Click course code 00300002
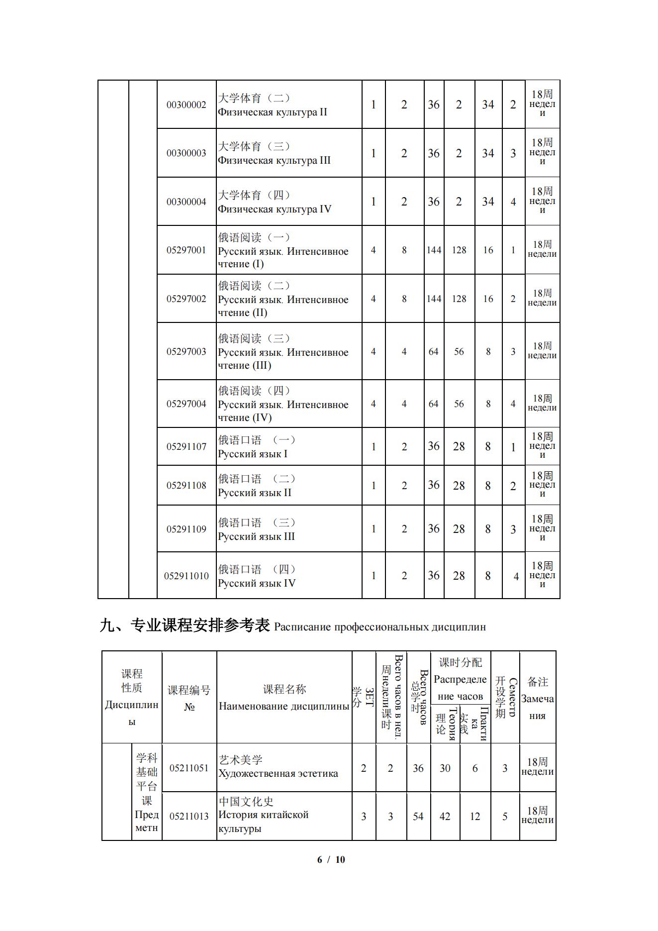point(186,105)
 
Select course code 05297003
point(186,352)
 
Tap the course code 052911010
point(187,576)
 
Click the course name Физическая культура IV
point(275,209)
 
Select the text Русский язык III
point(256,536)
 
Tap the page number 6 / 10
point(331,859)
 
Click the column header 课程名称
point(284,689)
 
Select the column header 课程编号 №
point(189,698)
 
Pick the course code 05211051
point(189,768)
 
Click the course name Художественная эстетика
point(278,774)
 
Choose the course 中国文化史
point(246,802)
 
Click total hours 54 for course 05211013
point(418,817)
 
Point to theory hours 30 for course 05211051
point(445,768)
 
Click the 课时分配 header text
point(461,662)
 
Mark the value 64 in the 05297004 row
point(434,404)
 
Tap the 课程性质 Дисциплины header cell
point(132,697)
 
